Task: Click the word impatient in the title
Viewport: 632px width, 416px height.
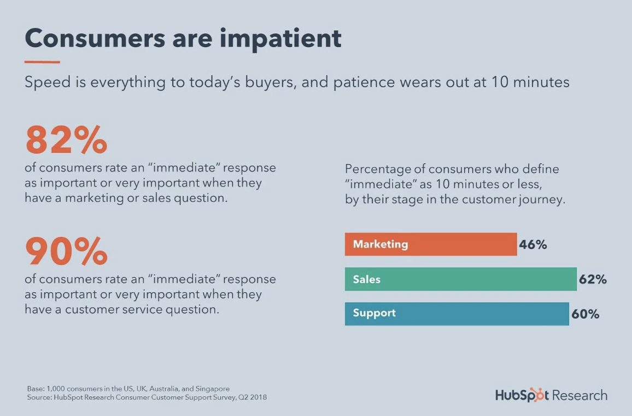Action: coord(280,39)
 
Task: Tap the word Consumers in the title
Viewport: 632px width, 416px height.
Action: coord(95,38)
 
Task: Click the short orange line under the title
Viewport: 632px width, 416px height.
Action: coord(42,62)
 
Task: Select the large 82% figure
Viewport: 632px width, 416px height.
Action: coord(67,140)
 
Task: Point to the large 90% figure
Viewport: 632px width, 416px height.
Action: coord(67,251)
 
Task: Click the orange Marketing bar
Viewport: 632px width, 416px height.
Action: coord(431,244)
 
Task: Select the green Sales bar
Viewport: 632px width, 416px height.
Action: coord(461,279)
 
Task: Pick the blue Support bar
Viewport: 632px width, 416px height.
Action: coord(457,314)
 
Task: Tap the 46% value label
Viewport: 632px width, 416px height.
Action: coord(533,245)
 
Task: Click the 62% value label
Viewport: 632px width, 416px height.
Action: coord(593,279)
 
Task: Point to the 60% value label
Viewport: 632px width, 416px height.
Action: coord(585,314)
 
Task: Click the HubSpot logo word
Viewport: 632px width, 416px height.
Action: coord(522,395)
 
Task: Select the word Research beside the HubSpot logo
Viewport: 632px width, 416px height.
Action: coord(580,395)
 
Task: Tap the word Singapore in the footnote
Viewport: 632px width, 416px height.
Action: coord(213,389)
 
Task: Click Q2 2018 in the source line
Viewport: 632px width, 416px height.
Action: coord(253,397)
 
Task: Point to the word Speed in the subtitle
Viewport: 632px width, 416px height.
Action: coord(48,83)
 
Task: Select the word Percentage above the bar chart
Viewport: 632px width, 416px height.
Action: coord(377,169)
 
